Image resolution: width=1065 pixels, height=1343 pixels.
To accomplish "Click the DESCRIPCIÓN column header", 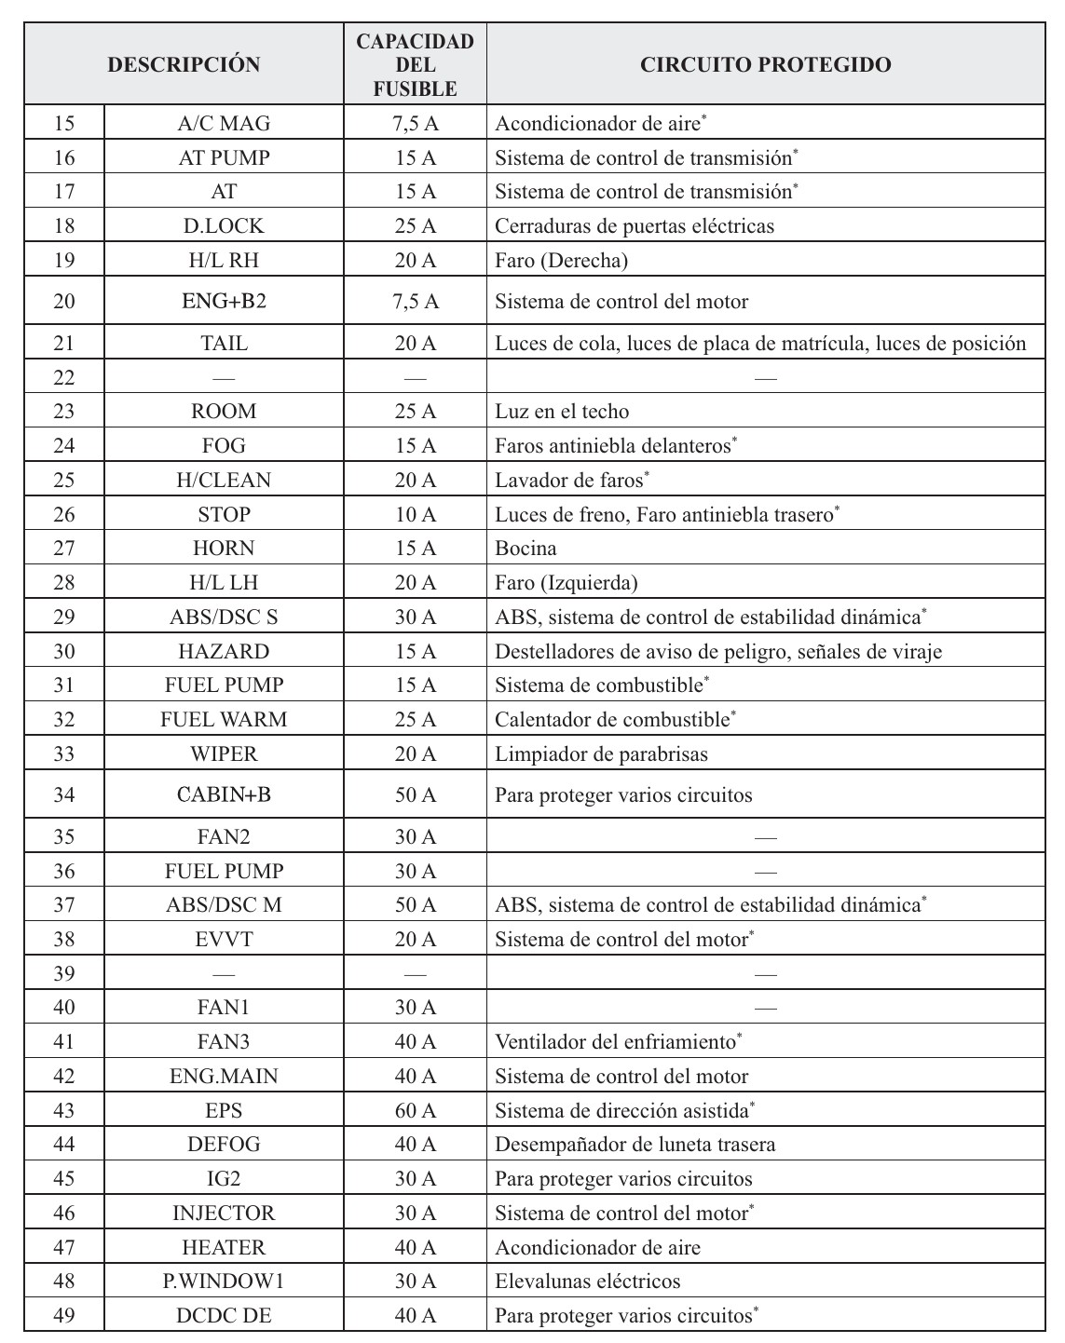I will pyautogui.click(x=184, y=64).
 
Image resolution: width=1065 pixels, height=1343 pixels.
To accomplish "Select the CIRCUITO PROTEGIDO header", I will pyautogui.click(x=765, y=64).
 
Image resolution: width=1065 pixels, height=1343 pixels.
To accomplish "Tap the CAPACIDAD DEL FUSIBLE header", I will pyautogui.click(x=415, y=64).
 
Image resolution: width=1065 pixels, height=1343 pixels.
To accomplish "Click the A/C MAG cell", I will pyautogui.click(x=224, y=123).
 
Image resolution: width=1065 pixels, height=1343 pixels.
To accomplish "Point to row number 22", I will pyautogui.click(x=63, y=377).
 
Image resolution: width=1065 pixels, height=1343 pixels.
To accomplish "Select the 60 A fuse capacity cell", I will pyautogui.click(x=415, y=1110).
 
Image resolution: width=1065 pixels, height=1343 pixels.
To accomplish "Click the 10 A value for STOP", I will pyautogui.click(x=415, y=514).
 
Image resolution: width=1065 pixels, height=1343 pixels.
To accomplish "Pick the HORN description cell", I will pyautogui.click(x=224, y=548).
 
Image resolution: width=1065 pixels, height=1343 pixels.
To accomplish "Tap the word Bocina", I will pyautogui.click(x=526, y=548).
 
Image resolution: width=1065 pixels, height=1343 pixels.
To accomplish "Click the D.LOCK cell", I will pyautogui.click(x=224, y=225).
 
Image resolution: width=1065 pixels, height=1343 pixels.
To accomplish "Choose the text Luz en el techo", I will pyautogui.click(x=562, y=412).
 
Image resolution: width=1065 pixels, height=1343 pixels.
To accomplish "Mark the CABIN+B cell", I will pyautogui.click(x=224, y=794).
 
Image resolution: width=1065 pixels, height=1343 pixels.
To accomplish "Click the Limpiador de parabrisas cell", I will pyautogui.click(x=601, y=753).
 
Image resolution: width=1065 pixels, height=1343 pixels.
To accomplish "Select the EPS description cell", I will pyautogui.click(x=224, y=1110).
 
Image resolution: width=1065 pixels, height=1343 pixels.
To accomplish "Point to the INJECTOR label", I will pyautogui.click(x=224, y=1213).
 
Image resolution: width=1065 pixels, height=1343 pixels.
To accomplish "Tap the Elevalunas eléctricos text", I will pyautogui.click(x=587, y=1282).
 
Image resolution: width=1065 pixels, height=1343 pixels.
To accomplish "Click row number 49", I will pyautogui.click(x=63, y=1315).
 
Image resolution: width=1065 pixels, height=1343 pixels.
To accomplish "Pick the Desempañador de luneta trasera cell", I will pyautogui.click(x=635, y=1145).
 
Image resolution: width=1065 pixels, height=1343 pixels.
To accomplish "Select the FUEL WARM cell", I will pyautogui.click(x=224, y=719).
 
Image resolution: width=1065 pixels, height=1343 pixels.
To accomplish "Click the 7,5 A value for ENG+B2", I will pyautogui.click(x=415, y=302).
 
